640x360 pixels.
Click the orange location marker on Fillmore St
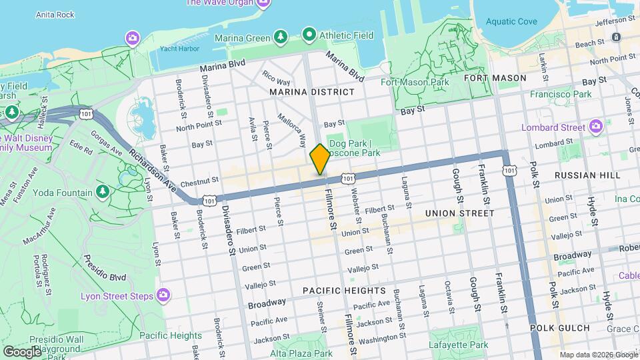point(320,159)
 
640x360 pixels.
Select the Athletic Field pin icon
point(309,33)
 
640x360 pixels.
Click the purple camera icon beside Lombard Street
point(595,127)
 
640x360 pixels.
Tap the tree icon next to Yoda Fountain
point(103,193)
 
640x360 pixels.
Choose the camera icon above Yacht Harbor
point(133,37)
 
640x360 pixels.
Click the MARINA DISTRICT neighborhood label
point(311,91)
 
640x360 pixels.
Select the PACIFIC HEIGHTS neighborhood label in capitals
point(344,291)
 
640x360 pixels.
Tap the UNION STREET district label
point(459,213)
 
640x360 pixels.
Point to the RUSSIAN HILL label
point(587,175)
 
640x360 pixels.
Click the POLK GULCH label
point(560,328)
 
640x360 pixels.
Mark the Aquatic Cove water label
point(511,21)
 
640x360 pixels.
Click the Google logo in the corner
point(22,351)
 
